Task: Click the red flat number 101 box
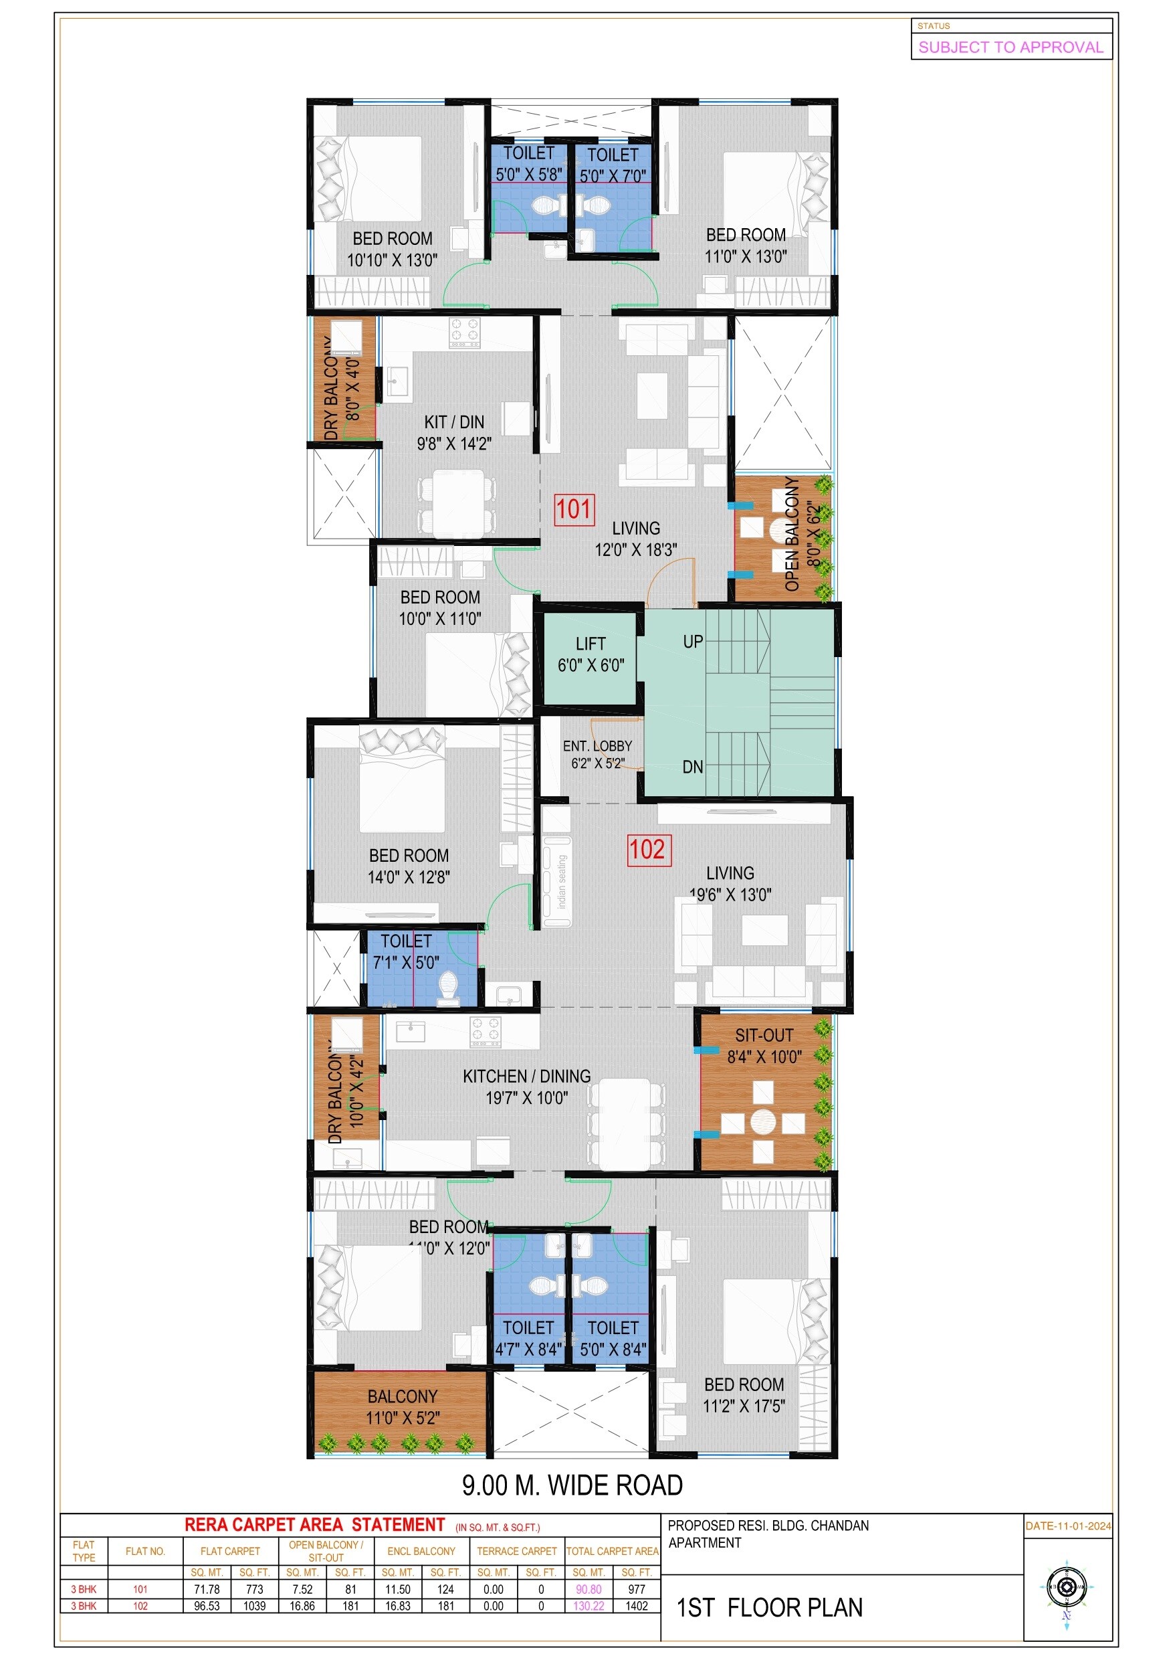point(574,510)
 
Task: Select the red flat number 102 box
point(648,850)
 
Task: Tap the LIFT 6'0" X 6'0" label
point(590,654)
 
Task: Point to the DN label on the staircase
point(692,767)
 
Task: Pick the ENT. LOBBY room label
point(597,754)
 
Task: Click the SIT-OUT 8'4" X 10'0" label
point(764,1046)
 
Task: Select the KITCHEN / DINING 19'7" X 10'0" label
point(526,1087)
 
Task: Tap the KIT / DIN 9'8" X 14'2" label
point(454,432)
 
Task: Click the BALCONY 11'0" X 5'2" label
point(402,1407)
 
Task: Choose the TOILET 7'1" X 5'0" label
point(405,951)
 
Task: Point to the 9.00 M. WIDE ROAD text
point(572,1486)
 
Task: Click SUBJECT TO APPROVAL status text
point(1010,48)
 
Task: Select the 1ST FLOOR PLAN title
point(769,1607)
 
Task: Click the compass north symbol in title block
point(1066,1588)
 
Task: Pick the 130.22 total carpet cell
point(589,1606)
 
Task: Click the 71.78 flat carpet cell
point(207,1589)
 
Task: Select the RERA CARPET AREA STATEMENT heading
point(314,1525)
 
